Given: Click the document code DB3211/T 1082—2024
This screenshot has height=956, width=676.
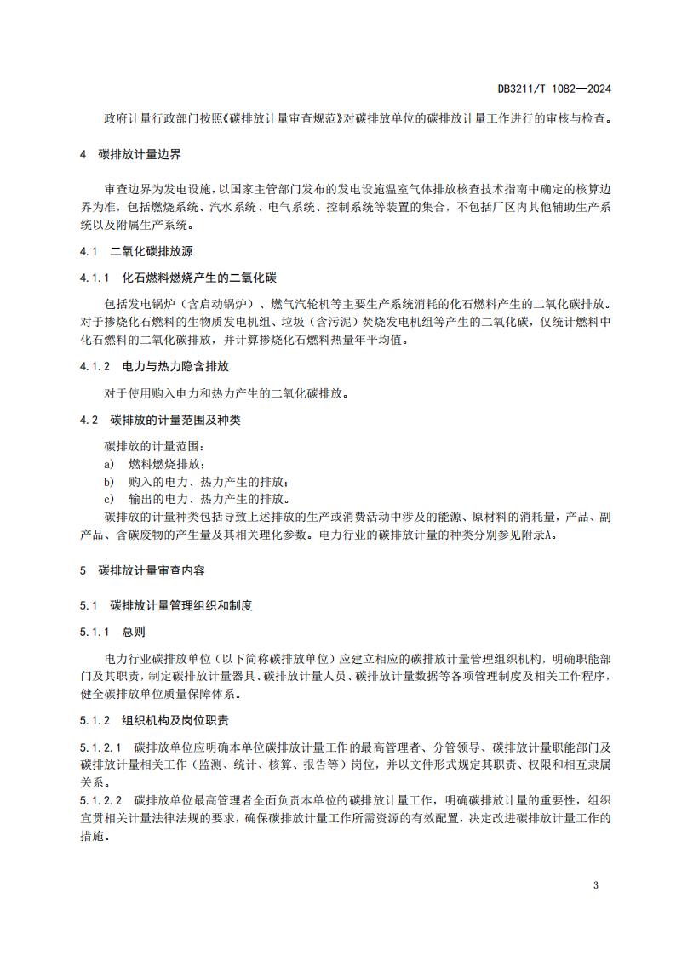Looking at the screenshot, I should (x=554, y=89).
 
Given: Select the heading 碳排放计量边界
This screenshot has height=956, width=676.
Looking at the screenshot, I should (x=140, y=156).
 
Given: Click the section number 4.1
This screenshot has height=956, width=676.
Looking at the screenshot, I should (x=89, y=253).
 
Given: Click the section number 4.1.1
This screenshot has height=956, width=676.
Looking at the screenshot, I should (x=95, y=278).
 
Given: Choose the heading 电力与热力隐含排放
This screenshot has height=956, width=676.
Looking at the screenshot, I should (x=175, y=366).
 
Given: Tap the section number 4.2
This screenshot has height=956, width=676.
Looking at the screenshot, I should (x=89, y=420).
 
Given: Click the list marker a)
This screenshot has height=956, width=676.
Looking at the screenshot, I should (x=108, y=464).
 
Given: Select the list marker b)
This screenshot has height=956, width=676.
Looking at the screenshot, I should (x=108, y=482).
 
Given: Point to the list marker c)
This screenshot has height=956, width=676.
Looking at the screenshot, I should (x=108, y=500).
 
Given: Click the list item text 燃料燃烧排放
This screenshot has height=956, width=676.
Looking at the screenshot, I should (x=166, y=464).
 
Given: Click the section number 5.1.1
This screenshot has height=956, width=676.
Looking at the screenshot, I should (x=95, y=632).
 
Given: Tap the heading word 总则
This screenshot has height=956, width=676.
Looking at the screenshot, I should (x=134, y=632).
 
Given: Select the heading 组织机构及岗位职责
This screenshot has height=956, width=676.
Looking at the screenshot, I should (x=175, y=720).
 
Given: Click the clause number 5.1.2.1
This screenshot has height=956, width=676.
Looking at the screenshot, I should (x=101, y=747).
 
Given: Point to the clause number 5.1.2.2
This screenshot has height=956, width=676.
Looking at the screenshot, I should (x=101, y=800).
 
